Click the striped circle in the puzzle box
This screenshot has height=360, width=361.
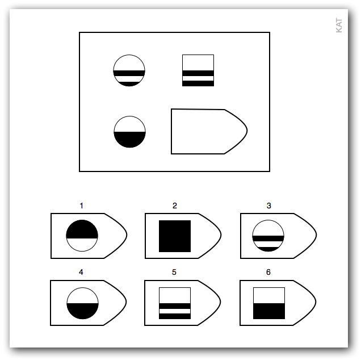pyautogui.click(x=129, y=70)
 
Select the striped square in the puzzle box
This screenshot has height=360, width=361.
pyautogui.click(x=198, y=70)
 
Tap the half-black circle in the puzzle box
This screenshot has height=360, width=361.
pyautogui.click(x=129, y=132)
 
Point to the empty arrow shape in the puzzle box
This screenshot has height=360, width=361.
pyautogui.click(x=209, y=131)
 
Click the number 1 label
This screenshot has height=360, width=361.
pyautogui.click(x=81, y=206)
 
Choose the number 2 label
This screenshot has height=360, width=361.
pyautogui.click(x=175, y=206)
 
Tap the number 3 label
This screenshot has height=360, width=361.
pyautogui.click(x=268, y=206)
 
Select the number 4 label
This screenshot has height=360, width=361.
pyautogui.click(x=81, y=272)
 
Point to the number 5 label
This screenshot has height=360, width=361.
pyautogui.click(x=174, y=272)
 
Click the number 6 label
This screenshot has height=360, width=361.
pyautogui.click(x=268, y=272)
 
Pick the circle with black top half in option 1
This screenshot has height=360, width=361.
pyautogui.click(x=82, y=236)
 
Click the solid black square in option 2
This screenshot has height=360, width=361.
pyautogui.click(x=175, y=236)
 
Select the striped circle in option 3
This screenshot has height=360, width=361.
pyautogui.click(x=268, y=236)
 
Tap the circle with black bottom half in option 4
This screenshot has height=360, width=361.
pyautogui.click(x=82, y=303)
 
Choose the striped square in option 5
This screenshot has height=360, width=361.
pyautogui.click(x=175, y=303)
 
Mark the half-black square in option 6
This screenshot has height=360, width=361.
pyautogui.click(x=269, y=303)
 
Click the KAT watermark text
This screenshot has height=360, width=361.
pyautogui.click(x=339, y=25)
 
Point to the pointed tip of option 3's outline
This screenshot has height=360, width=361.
pyautogui.click(x=317, y=235)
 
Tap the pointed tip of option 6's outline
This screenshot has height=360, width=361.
pyautogui.click(x=316, y=302)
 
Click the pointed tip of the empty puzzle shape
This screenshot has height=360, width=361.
pyautogui.click(x=247, y=131)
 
